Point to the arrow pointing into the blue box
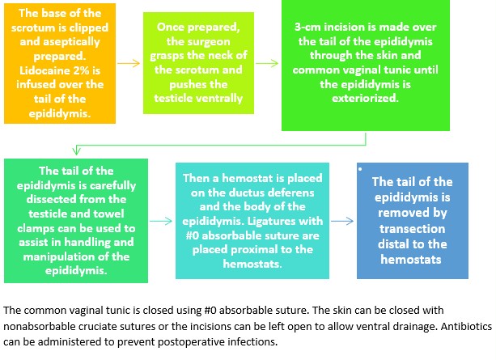(341, 220)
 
